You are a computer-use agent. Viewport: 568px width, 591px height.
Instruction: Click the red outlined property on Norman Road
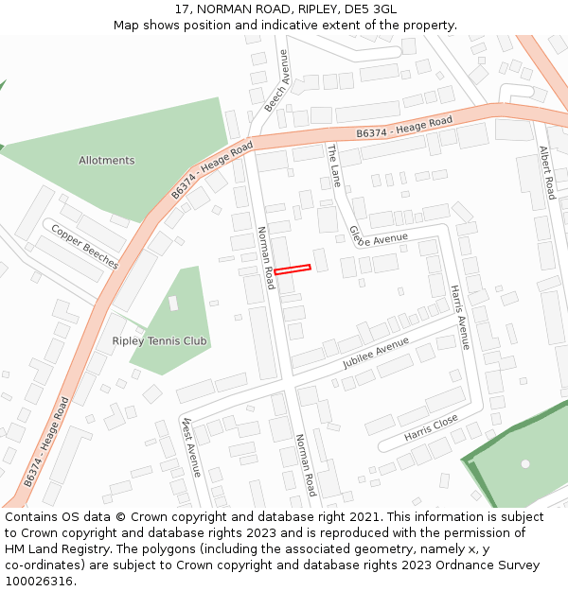pos(293,269)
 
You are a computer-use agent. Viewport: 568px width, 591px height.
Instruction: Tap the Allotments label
pos(106,161)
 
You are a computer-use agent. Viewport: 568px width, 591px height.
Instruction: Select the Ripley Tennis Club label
pos(160,340)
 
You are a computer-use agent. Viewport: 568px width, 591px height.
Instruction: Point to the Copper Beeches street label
pos(84,246)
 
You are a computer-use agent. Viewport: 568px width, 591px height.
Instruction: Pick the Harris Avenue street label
pos(459,317)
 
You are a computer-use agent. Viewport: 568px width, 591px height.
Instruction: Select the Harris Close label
pos(431,427)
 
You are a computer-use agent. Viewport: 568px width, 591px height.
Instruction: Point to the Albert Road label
pos(546,171)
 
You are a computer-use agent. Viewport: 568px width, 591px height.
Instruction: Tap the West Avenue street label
pos(192,446)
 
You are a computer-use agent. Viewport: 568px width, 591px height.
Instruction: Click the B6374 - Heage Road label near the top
pos(404,129)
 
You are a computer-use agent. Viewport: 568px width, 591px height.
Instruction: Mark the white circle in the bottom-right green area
pos(525,463)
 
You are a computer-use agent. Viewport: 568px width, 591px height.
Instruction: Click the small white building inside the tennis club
pos(173,304)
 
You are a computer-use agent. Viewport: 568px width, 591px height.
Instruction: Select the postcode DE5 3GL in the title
pos(370,9)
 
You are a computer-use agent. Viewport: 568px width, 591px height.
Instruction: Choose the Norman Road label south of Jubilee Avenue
pos(305,465)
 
